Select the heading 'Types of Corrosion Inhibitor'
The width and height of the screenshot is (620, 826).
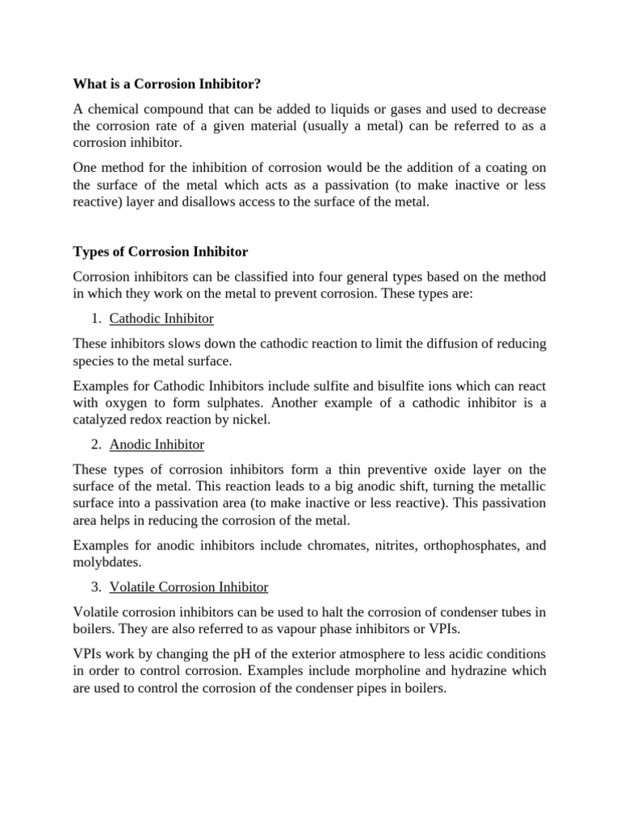[x=160, y=252]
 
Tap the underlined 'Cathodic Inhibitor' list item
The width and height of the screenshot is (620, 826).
[x=161, y=319]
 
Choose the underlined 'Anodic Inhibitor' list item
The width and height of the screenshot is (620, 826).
[x=157, y=444]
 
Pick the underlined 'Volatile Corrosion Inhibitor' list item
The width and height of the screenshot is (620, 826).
[x=189, y=587]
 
